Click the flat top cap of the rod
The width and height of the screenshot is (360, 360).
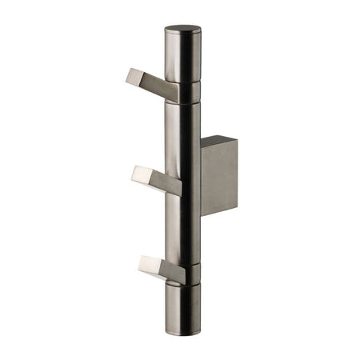point(182,30)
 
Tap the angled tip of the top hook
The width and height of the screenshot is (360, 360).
point(133,75)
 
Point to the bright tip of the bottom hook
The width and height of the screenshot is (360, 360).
point(146,263)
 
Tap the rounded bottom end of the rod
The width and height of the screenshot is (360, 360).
point(182,328)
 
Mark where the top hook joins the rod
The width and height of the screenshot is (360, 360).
point(174,90)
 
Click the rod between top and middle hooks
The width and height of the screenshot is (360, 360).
point(182,136)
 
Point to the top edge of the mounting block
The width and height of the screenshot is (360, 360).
point(218,139)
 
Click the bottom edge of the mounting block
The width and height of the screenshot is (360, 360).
point(219,214)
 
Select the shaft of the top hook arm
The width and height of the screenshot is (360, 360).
point(157,85)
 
